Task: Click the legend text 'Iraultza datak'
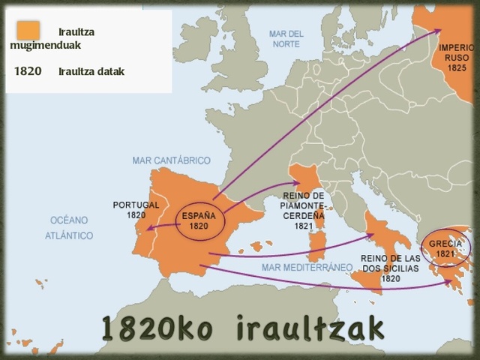pyautogui.click(x=91, y=72)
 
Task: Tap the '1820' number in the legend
pyautogui.click(x=28, y=72)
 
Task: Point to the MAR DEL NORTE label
pyautogui.click(x=286, y=39)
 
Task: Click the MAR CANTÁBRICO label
pyautogui.click(x=171, y=160)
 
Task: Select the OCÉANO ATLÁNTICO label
pyautogui.click(x=69, y=228)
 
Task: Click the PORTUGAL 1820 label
pyautogui.click(x=136, y=209)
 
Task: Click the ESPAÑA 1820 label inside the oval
pyautogui.click(x=199, y=220)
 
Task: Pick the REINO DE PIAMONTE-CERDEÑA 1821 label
pyautogui.click(x=303, y=210)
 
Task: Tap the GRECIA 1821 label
pyautogui.click(x=445, y=248)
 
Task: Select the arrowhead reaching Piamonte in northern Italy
pyautogui.click(x=298, y=183)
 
